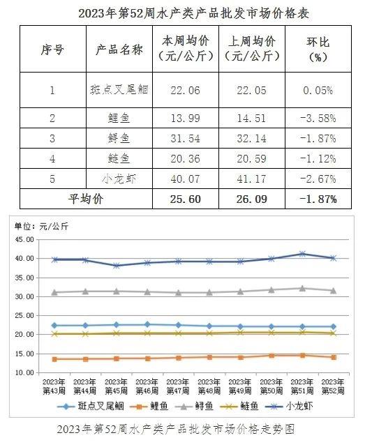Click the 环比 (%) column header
[x=318, y=50]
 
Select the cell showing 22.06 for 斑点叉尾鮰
[x=186, y=91]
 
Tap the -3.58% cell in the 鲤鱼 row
[x=318, y=118]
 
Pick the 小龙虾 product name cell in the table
[x=119, y=179]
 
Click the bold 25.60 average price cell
[x=186, y=199]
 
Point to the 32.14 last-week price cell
[x=252, y=139]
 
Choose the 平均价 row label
[x=86, y=199]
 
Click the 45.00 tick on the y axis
[x=24, y=239]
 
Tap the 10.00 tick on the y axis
[x=24, y=372]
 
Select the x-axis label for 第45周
[x=116, y=386]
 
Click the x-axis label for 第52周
[x=333, y=386]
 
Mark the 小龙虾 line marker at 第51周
[x=302, y=254]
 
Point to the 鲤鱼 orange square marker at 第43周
[x=54, y=359]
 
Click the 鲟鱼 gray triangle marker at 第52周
[x=333, y=291]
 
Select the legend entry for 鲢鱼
[x=239, y=406]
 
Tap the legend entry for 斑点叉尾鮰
[x=91, y=406]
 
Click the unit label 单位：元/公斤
[x=42, y=227]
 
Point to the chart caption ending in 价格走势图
[x=175, y=429]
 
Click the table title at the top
[x=194, y=13]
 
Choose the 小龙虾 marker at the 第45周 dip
[x=117, y=266]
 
